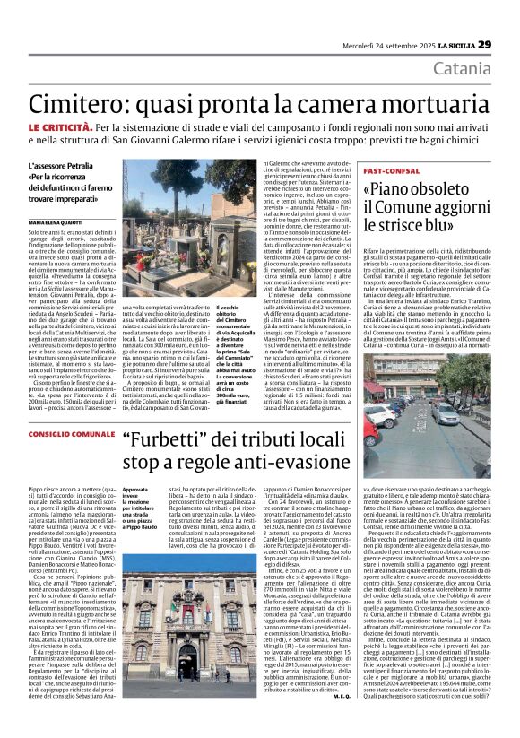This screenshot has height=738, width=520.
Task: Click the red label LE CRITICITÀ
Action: point(60,129)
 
